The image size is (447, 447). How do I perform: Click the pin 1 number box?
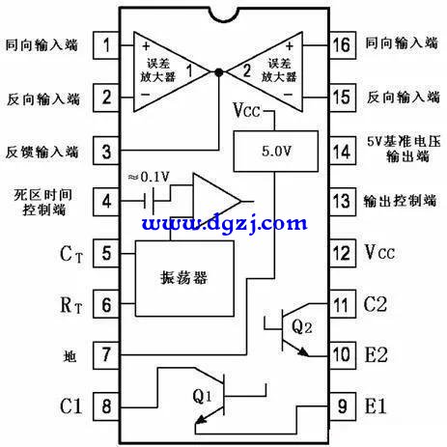pyautogui.click(x=106, y=45)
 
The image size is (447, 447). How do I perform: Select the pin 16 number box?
pyautogui.click(x=343, y=45)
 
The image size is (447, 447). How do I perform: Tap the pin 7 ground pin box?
pyautogui.click(x=106, y=355)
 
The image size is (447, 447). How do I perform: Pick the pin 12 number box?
pyautogui.click(x=343, y=253)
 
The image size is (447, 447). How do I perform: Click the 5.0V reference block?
pyautogui.click(x=276, y=151)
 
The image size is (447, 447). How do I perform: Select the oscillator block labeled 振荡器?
pyautogui.click(x=184, y=278)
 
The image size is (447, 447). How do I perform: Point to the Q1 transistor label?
pyautogui.click(x=203, y=396)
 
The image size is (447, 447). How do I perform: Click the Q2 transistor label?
pyautogui.click(x=301, y=326)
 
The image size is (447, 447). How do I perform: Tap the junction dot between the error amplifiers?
pyautogui.click(x=219, y=72)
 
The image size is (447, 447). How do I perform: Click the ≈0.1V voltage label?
pyautogui.click(x=149, y=177)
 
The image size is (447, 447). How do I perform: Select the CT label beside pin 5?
pyautogui.click(x=71, y=254)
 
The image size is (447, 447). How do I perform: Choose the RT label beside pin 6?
pyautogui.click(x=71, y=305)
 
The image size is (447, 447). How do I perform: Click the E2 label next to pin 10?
pyautogui.click(x=376, y=355)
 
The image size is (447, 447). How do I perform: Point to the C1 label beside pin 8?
pyautogui.click(x=70, y=405)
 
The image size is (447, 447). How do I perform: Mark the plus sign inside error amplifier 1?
pyautogui.click(x=146, y=46)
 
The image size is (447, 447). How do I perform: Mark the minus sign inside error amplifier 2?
pyautogui.click(x=288, y=95)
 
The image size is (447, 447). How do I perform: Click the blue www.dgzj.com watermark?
pyautogui.click(x=224, y=223)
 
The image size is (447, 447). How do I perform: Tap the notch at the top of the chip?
pyautogui.click(x=224, y=15)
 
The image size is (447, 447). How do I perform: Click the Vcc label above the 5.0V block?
pyautogui.click(x=246, y=110)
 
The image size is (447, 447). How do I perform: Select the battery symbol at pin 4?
pyautogui.click(x=149, y=202)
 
